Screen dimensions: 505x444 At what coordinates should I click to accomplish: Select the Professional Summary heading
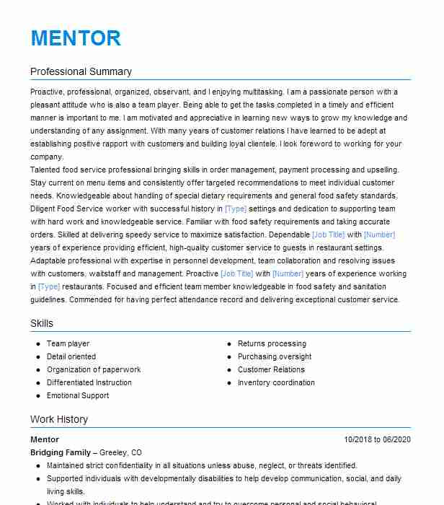pos(81,71)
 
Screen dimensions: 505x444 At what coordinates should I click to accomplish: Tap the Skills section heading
pos(42,323)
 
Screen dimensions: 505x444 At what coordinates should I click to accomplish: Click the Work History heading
pos(59,419)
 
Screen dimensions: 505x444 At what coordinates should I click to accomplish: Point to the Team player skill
pos(68,344)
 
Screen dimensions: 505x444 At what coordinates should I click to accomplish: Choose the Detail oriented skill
pos(71,357)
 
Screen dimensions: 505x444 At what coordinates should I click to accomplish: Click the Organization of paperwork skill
pos(94,370)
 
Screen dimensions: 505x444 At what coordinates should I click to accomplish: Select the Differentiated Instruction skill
pos(89,383)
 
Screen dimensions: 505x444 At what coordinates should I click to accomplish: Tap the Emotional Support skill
pos(78,396)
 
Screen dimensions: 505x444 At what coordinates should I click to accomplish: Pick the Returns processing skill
pos(272,344)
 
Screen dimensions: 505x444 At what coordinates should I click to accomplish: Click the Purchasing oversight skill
pos(275,357)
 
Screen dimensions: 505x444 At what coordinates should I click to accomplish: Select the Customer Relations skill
pos(271,370)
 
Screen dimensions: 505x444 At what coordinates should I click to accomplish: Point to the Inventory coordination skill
pos(276,383)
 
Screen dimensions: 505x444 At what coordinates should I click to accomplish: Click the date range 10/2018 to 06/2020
pos(377,439)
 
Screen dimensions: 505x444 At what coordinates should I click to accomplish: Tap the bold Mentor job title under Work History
pos(45,439)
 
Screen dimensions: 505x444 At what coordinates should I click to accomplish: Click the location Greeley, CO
pos(125,452)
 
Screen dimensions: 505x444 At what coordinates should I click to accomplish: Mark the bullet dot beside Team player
pos(38,344)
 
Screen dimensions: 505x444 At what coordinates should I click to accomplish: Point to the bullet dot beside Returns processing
pos(229,344)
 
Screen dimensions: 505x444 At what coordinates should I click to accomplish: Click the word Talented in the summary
pos(45,170)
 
